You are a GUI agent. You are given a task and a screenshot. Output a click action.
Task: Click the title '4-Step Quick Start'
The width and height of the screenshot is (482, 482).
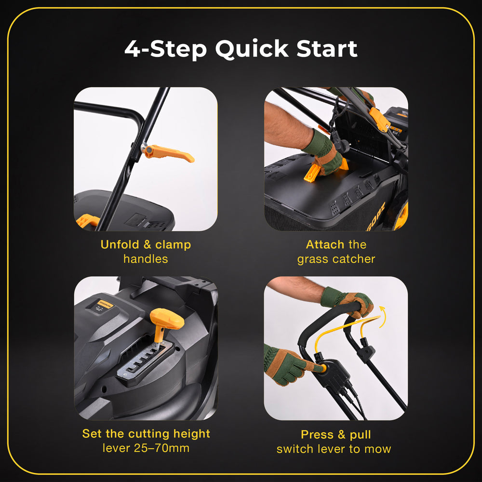point(241,49)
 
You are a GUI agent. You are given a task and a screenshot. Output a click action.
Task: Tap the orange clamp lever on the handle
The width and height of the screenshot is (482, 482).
point(169,153)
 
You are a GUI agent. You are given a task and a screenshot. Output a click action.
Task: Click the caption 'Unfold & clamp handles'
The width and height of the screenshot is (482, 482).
point(146,252)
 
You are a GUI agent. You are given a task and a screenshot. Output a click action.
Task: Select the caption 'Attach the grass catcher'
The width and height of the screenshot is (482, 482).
point(336,252)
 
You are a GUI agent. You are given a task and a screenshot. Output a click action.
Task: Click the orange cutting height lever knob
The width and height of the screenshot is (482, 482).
point(166,320)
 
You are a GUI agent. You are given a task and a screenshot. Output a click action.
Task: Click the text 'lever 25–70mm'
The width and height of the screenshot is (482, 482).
point(146,448)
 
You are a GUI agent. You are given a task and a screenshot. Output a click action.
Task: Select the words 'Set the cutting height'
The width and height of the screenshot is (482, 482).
point(146,433)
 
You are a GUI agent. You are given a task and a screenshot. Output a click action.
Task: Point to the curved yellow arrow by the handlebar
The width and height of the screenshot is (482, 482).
point(383,317)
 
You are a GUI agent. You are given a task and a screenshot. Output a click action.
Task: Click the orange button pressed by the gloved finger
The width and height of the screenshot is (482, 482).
point(322,368)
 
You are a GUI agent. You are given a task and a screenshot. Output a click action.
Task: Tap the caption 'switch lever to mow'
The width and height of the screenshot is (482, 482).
point(334,449)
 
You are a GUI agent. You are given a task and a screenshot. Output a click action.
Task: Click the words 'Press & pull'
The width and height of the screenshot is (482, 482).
point(335,434)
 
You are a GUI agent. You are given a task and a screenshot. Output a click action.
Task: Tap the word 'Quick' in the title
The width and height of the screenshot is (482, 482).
point(252,49)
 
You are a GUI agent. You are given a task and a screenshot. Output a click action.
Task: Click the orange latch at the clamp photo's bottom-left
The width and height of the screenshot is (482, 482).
point(88,220)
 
